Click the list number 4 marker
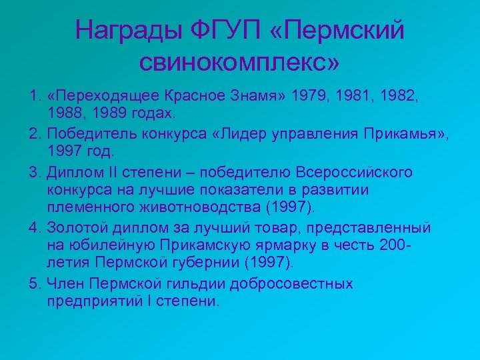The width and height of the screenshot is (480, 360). pyautogui.click(x=35, y=228)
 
